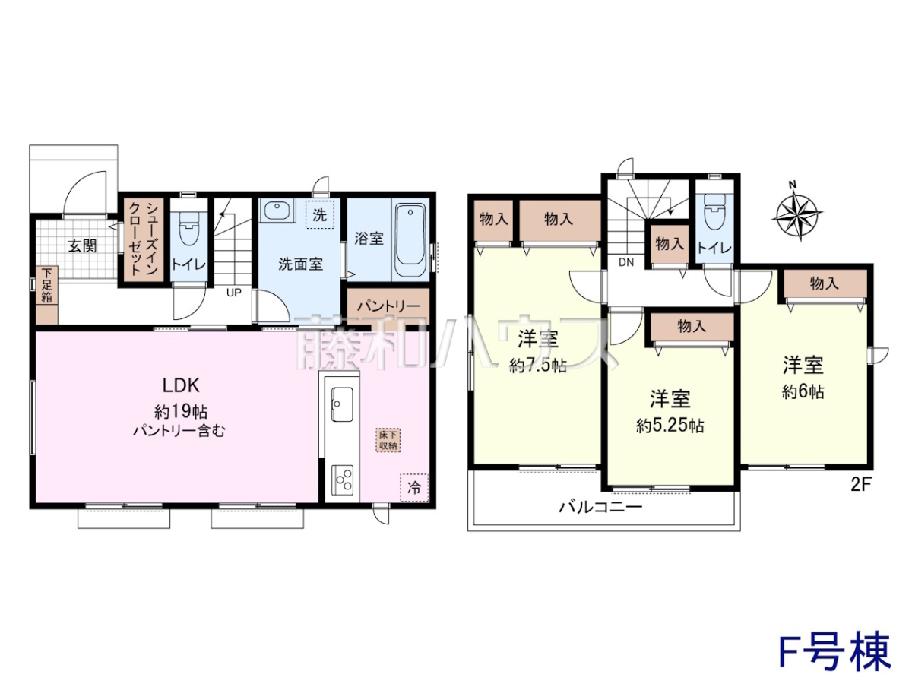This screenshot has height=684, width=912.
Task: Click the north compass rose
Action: click(x=797, y=213)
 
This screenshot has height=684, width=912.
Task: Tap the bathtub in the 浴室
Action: click(x=410, y=239)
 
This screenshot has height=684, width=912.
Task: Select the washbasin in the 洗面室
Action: click(x=277, y=211)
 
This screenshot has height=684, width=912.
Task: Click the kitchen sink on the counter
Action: click(x=342, y=404)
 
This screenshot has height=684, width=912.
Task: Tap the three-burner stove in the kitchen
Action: click(x=342, y=480)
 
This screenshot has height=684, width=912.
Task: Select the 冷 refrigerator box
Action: click(x=414, y=488)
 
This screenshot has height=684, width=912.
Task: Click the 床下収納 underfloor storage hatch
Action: click(x=388, y=440)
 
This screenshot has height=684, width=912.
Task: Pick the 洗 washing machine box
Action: click(x=319, y=215)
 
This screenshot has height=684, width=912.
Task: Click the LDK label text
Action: click(x=181, y=385)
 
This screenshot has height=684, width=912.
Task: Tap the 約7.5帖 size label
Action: click(x=538, y=366)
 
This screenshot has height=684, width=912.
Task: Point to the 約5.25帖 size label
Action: click(x=670, y=426)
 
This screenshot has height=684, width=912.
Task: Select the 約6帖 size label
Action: click(x=803, y=391)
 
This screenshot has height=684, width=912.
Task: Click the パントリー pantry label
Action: click(x=388, y=306)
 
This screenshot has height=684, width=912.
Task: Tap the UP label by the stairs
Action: click(x=234, y=293)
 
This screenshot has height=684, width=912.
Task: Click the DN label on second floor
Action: click(x=626, y=262)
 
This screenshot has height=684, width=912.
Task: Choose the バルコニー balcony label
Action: click(x=600, y=507)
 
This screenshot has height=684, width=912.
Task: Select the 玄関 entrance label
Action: click(x=83, y=245)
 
